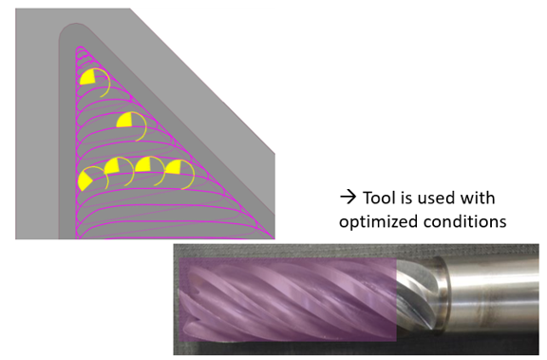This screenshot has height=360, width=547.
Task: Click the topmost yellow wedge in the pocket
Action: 88,77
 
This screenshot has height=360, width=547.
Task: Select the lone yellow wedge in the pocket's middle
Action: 124,121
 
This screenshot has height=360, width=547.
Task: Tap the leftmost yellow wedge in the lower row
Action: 85,180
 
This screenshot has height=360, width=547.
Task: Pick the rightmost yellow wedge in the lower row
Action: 174,167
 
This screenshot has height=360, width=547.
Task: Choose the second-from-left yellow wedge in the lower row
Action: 112,166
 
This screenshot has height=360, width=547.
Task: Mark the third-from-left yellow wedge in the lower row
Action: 143,164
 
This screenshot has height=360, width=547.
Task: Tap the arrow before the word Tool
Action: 348,197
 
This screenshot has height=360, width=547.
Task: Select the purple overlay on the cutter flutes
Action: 288,299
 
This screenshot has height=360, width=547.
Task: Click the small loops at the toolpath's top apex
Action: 83,52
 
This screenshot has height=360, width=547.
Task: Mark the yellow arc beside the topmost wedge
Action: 105,82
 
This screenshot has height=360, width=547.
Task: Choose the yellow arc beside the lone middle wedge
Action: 141,125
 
